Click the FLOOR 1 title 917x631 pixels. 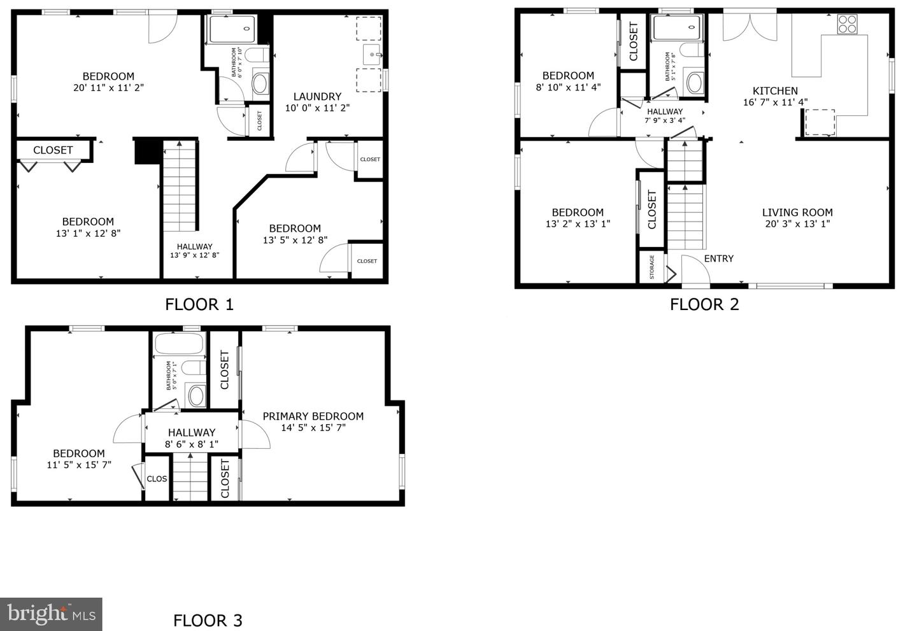coord(199,304)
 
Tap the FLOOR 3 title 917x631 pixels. coord(208,620)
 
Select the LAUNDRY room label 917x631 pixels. coord(317,97)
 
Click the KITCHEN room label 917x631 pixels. coord(775,91)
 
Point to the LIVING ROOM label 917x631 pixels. coord(797,213)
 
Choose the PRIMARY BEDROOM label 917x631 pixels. coord(313,416)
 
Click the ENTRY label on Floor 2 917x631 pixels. coord(719,259)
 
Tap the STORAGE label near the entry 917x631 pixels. coord(651,267)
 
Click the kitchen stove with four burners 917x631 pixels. coord(847,24)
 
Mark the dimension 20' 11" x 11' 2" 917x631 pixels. coord(108,88)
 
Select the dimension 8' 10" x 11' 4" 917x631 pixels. coord(568,87)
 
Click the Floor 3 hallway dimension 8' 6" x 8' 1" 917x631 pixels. coord(192,444)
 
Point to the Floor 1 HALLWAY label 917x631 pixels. coord(194,247)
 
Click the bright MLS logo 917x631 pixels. coord(51,614)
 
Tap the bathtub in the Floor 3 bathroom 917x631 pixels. coord(180,343)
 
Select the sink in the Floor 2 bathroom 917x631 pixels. coord(694,83)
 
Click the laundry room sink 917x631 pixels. coord(372,55)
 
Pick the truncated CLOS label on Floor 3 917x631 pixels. coord(157,479)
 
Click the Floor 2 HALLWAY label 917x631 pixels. coord(665,111)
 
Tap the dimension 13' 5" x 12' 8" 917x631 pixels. coord(295,240)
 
